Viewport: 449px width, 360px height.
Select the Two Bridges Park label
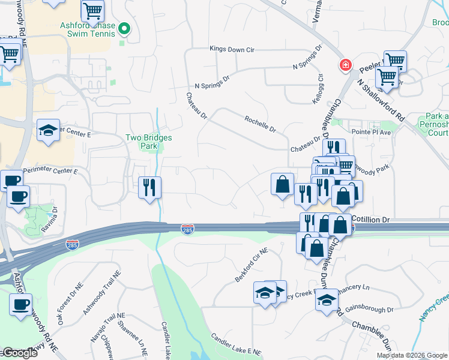pyautogui.click(x=149, y=142)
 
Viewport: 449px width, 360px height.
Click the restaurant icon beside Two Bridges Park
pyautogui.click(x=150, y=187)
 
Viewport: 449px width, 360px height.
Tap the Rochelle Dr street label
pyautogui.click(x=260, y=124)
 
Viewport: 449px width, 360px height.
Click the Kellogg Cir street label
pyautogui.click(x=320, y=88)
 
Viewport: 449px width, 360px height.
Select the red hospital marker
pyautogui.click(x=346, y=65)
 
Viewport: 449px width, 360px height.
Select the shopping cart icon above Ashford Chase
pyautogui.click(x=92, y=10)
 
